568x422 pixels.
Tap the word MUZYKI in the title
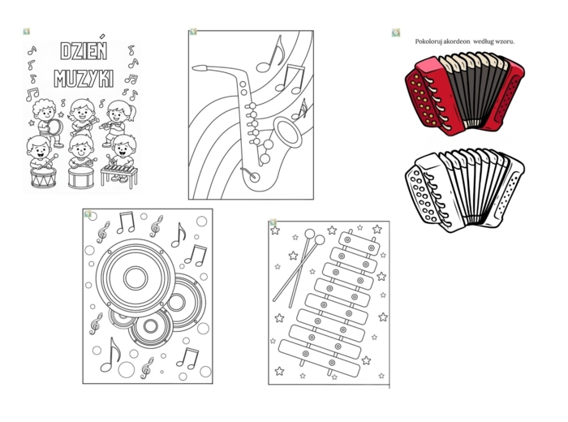[x=84, y=78]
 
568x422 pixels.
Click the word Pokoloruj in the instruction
[x=427, y=41]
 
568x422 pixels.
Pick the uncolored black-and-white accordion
[x=465, y=190]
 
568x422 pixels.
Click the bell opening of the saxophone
[x=287, y=132]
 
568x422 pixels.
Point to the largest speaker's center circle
[x=136, y=278]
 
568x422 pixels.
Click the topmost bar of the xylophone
[x=359, y=243]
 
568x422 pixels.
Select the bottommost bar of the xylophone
[x=319, y=358]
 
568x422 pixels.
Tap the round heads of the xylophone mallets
[x=315, y=236]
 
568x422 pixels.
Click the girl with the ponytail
[x=117, y=123]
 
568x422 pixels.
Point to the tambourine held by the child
[x=55, y=127]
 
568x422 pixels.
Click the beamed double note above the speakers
[x=126, y=222]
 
